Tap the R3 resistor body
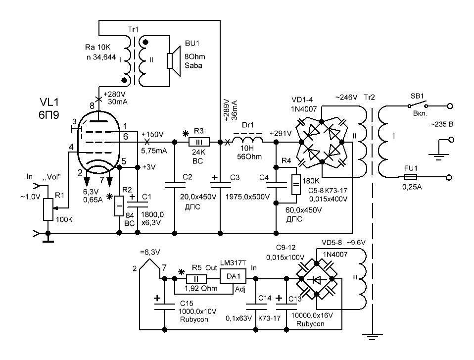(x=199, y=142)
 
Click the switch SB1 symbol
(x=417, y=104)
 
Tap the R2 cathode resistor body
(x=119, y=206)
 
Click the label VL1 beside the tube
(x=49, y=103)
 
